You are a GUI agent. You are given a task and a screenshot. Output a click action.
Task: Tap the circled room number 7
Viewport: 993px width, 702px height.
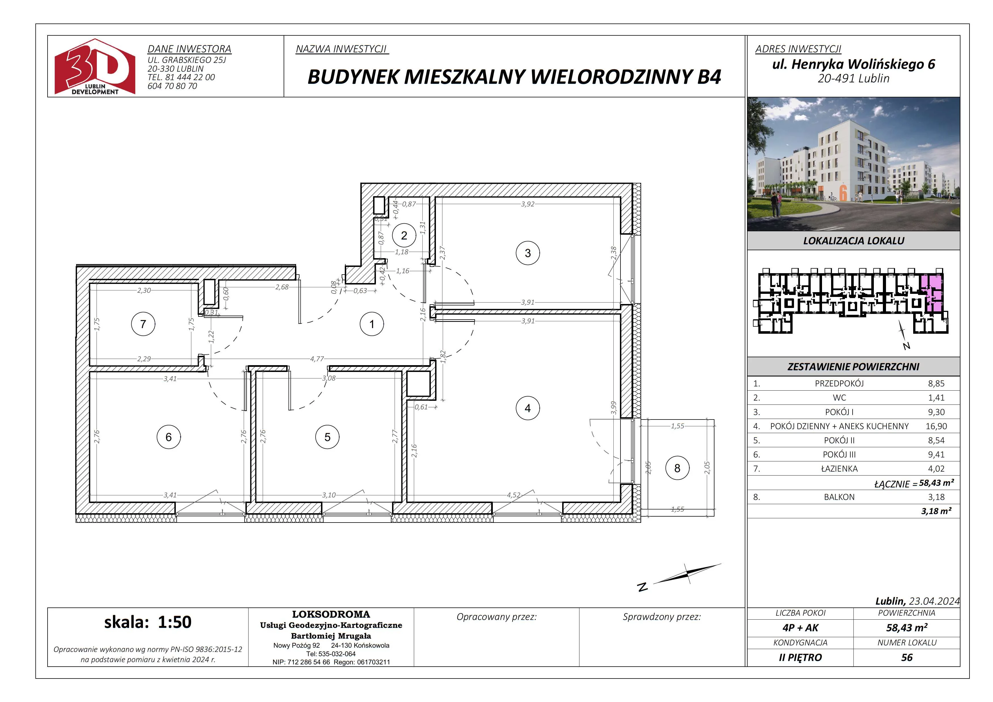click(143, 324)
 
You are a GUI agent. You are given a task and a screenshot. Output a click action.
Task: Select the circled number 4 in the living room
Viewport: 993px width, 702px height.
click(528, 408)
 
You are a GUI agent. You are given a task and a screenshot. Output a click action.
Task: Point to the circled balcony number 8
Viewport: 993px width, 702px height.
click(677, 468)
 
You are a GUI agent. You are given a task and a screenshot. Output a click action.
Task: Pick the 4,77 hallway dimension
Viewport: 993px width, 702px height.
click(317, 359)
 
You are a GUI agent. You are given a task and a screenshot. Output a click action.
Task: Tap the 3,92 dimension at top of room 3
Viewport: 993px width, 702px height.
click(528, 204)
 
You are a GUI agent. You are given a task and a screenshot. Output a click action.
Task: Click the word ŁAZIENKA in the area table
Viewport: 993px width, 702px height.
click(839, 468)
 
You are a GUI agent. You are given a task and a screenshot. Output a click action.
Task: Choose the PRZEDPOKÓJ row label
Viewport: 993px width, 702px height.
click(839, 383)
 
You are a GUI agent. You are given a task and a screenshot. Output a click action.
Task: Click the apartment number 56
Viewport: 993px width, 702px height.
click(907, 658)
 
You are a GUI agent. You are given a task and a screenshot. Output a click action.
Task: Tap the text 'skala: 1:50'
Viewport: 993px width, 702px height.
click(148, 622)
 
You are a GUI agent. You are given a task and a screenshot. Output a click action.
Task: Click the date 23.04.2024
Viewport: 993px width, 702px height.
click(934, 601)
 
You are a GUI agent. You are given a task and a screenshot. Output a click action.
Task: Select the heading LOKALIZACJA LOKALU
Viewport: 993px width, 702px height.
click(854, 241)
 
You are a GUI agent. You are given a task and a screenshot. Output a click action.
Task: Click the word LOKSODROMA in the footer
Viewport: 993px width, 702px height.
click(331, 614)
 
